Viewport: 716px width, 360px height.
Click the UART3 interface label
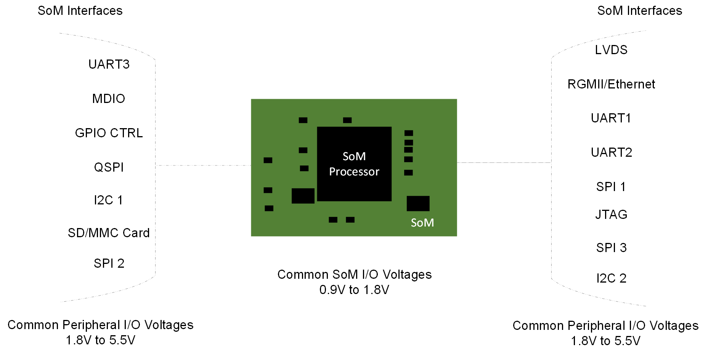pyautogui.click(x=109, y=64)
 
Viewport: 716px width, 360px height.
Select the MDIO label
pyautogui.click(x=109, y=99)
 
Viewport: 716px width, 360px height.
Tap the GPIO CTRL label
pyautogui.click(x=109, y=133)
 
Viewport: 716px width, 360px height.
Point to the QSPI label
pyautogui.click(x=109, y=167)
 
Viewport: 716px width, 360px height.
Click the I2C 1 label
pyautogui.click(x=109, y=200)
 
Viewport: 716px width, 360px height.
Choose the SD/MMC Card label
pyautogui.click(x=109, y=233)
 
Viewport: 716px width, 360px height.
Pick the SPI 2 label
pyautogui.click(x=109, y=264)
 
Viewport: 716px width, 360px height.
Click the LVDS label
pyautogui.click(x=611, y=50)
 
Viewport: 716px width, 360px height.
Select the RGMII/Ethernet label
pyautogui.click(x=611, y=84)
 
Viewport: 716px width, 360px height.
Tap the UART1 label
pyautogui.click(x=611, y=118)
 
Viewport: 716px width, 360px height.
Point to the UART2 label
pyautogui.click(x=611, y=153)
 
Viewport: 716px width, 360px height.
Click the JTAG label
pyautogui.click(x=611, y=215)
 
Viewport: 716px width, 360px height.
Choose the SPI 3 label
pyautogui.click(x=611, y=248)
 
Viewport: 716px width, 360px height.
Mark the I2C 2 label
pyautogui.click(x=611, y=278)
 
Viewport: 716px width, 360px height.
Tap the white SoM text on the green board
pyautogui.click(x=422, y=223)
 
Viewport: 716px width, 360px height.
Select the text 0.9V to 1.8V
pyautogui.click(x=354, y=290)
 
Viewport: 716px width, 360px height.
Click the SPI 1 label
pyautogui.click(x=611, y=187)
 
